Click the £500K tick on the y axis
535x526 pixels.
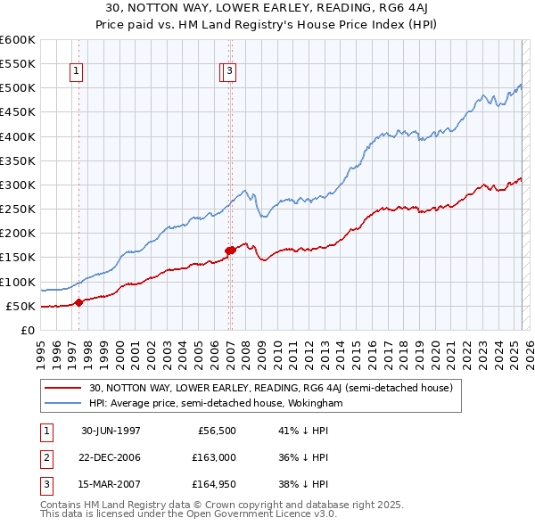pyautogui.click(x=17, y=88)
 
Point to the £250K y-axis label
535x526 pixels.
pyautogui.click(x=17, y=210)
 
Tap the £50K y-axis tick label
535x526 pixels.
pyautogui.click(x=21, y=307)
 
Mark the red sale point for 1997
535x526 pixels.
pyautogui.click(x=78, y=302)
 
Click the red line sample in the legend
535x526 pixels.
pyautogui.click(x=63, y=388)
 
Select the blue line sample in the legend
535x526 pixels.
pyautogui.click(x=63, y=403)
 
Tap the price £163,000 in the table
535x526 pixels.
pyautogui.click(x=214, y=457)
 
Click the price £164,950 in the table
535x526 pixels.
pyautogui.click(x=214, y=483)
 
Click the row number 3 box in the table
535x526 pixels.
pyautogui.click(x=45, y=483)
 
